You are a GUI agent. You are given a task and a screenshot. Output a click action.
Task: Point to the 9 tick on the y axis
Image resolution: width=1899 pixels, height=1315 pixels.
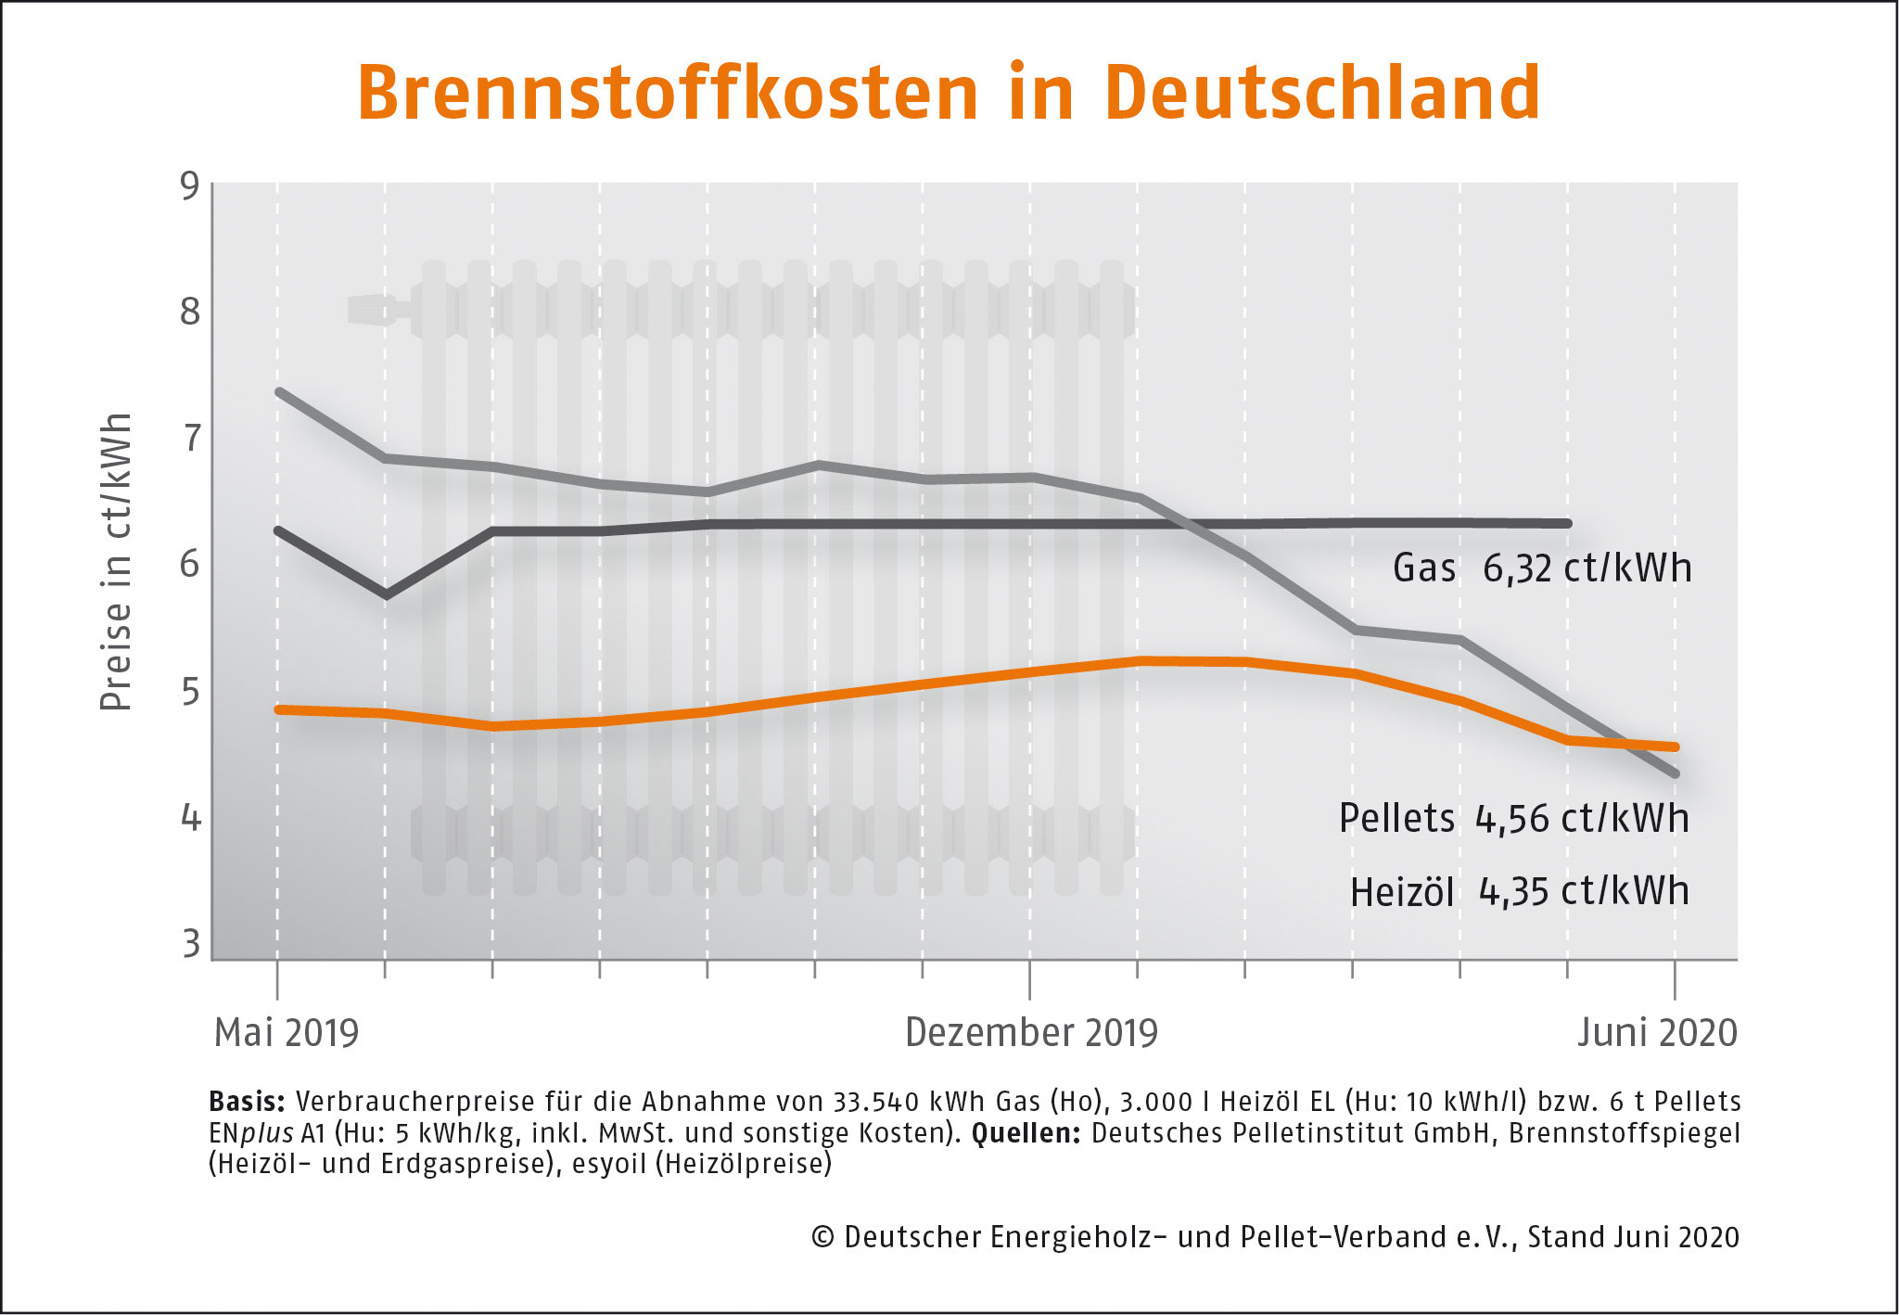point(190,186)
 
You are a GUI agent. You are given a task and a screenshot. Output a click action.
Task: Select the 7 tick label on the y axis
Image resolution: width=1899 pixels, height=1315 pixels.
point(191,439)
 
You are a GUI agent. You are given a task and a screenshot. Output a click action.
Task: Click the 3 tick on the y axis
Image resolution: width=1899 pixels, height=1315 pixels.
point(191,944)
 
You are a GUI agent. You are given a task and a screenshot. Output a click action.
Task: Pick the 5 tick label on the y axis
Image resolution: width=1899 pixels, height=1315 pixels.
point(190,692)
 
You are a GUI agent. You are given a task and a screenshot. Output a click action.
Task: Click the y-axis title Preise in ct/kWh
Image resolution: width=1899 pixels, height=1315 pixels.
point(116,562)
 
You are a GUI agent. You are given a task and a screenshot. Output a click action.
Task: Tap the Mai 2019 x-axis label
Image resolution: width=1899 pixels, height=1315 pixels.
point(286,1033)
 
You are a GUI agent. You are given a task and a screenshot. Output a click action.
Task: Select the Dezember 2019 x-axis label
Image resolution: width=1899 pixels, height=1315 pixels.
point(1031,1033)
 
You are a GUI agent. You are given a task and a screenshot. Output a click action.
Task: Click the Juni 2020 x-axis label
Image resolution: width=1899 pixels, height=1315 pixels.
point(1657,1033)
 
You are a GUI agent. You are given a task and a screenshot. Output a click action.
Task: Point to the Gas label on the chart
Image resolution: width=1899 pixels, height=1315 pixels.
point(1424,568)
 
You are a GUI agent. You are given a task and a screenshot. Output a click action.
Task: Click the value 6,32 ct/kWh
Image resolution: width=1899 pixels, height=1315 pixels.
point(1587,568)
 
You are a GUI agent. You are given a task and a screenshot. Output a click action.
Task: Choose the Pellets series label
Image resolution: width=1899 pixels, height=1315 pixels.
point(1396,819)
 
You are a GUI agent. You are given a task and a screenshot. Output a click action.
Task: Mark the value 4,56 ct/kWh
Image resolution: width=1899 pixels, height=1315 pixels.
point(1582,819)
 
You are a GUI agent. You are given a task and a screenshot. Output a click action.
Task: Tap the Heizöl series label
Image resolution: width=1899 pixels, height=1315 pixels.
point(1401,892)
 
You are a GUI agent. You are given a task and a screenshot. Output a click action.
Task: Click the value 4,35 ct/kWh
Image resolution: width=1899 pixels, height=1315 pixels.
point(1584,892)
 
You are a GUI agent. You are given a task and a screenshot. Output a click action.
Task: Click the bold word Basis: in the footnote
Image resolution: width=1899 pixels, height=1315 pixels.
point(247,1102)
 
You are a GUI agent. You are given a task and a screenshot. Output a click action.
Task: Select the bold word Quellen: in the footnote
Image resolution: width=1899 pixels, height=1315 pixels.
point(1026,1133)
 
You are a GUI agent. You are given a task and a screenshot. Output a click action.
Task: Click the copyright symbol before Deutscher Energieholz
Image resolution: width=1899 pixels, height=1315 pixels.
point(822,1237)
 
